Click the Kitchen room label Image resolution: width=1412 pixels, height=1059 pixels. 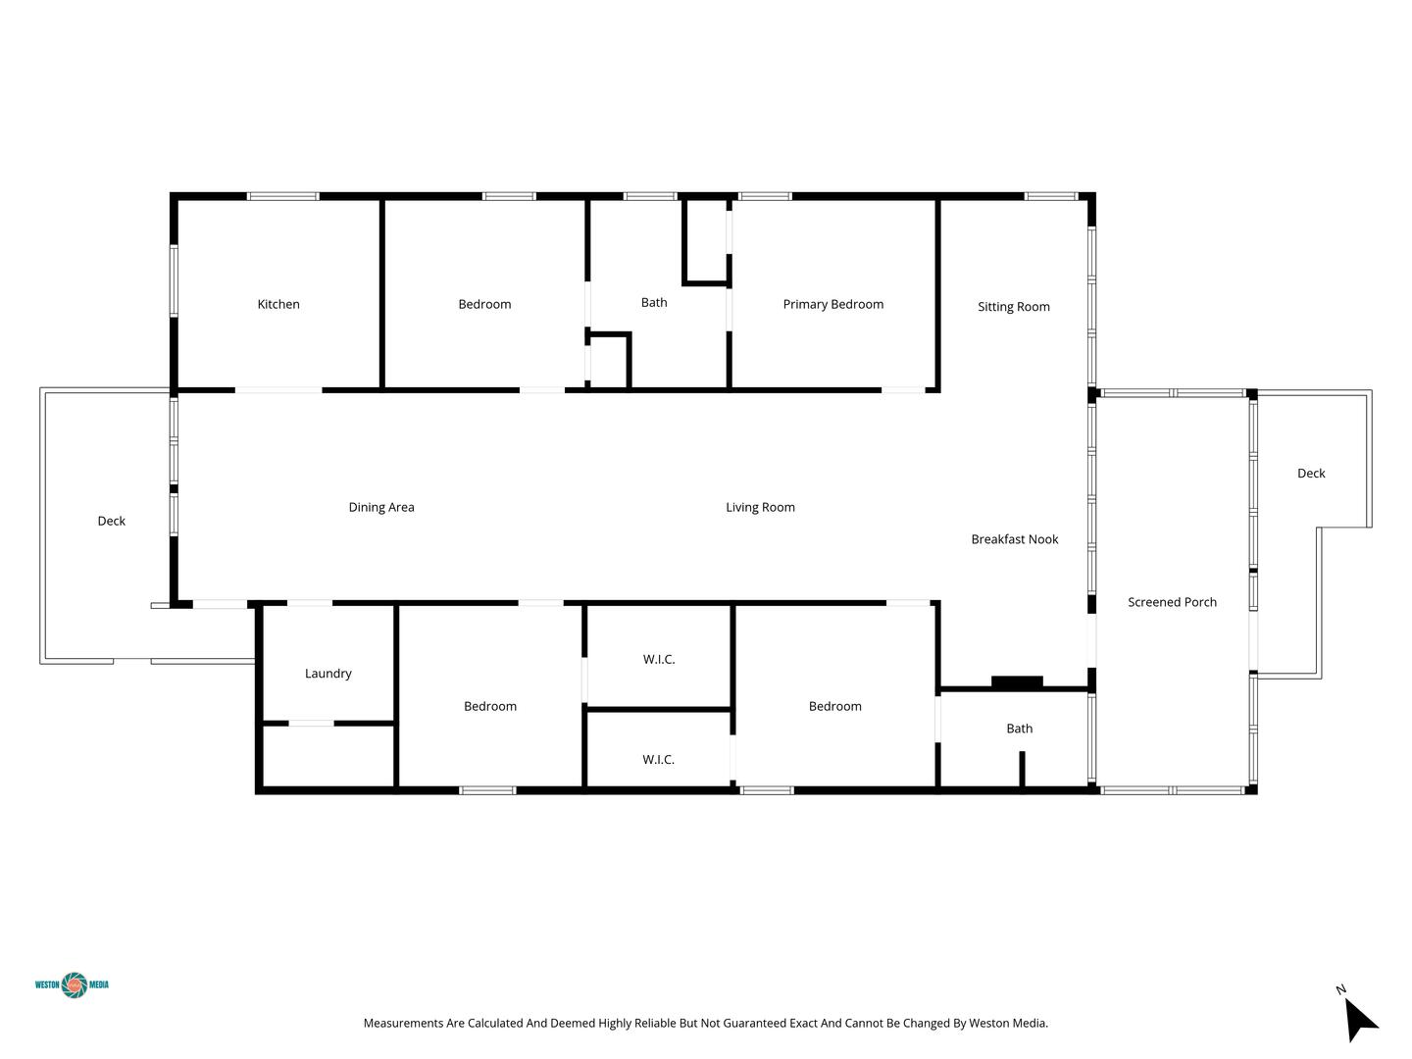pyautogui.click(x=278, y=304)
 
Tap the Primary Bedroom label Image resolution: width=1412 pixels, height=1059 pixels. pyautogui.click(x=833, y=304)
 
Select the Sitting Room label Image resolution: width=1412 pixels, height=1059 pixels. pyautogui.click(x=1014, y=307)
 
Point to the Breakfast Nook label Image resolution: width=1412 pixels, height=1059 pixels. pyautogui.click(x=1015, y=539)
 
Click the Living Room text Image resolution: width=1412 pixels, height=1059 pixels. pyautogui.click(x=760, y=507)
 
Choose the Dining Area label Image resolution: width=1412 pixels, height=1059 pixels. pyautogui.click(x=381, y=507)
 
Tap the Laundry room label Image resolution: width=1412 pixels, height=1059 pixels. pyautogui.click(x=328, y=674)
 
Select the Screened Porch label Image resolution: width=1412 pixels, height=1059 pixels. pyautogui.click(x=1172, y=602)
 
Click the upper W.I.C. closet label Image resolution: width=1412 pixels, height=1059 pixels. pyautogui.click(x=659, y=659)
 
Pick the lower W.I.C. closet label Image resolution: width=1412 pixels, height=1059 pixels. pyautogui.click(x=658, y=759)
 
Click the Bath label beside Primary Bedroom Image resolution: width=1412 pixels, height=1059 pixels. pyautogui.click(x=654, y=302)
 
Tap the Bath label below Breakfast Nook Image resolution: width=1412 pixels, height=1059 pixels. pyautogui.click(x=1020, y=729)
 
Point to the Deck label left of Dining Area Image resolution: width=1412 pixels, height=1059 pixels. pyautogui.click(x=111, y=521)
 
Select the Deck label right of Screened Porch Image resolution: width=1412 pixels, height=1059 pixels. pyautogui.click(x=1311, y=474)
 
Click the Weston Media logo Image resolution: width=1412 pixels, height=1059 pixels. pyautogui.click(x=72, y=984)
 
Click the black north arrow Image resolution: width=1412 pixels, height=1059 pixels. pyautogui.click(x=1360, y=1019)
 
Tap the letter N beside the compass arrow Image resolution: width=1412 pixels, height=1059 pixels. pyautogui.click(x=1340, y=989)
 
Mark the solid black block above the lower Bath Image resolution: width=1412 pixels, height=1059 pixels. pyautogui.click(x=1017, y=682)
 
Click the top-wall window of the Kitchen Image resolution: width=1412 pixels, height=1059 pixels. pyautogui.click(x=283, y=196)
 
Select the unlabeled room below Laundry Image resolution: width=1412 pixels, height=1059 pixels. pyautogui.click(x=328, y=756)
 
